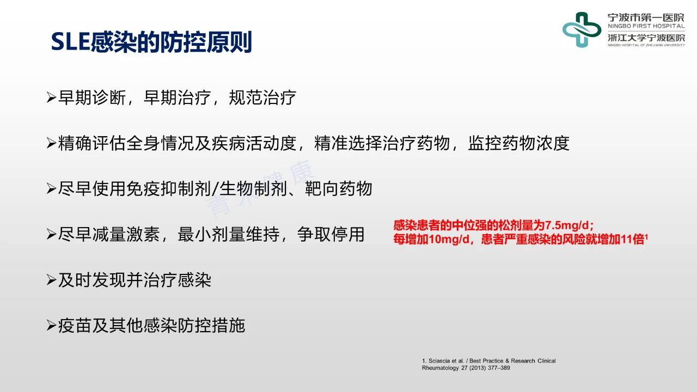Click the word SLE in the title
(71, 42)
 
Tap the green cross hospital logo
(582, 29)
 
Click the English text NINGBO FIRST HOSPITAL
(646, 26)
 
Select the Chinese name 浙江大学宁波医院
(646, 38)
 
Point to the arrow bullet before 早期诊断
(51, 97)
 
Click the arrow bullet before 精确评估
(51, 143)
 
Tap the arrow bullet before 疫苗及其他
(51, 326)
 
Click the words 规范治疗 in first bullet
(262, 97)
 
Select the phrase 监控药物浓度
(519, 143)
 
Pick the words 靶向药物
(339, 188)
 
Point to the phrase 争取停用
(331, 234)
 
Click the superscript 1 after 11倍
(646, 237)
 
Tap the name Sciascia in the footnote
(439, 361)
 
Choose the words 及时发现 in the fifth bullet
(92, 280)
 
